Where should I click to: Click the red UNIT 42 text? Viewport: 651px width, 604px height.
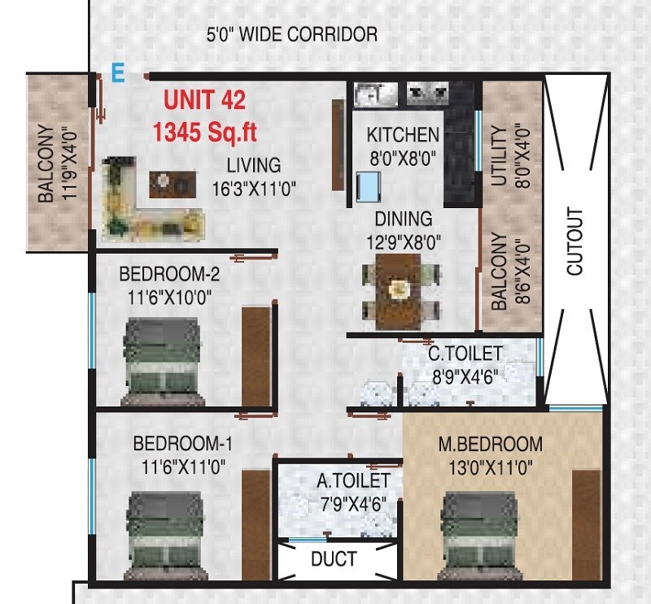204,101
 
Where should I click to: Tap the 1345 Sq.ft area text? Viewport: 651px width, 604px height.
204,129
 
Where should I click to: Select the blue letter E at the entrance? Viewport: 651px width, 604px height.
118,73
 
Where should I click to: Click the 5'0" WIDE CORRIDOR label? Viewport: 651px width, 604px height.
291,35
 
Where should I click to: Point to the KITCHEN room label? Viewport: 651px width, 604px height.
402,135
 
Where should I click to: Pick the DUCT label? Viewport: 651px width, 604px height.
334,560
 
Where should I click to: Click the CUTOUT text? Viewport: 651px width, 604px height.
575,241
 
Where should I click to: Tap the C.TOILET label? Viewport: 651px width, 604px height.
465,354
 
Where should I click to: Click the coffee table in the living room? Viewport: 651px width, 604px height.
171,184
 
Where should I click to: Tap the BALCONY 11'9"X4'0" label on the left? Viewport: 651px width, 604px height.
56,163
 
